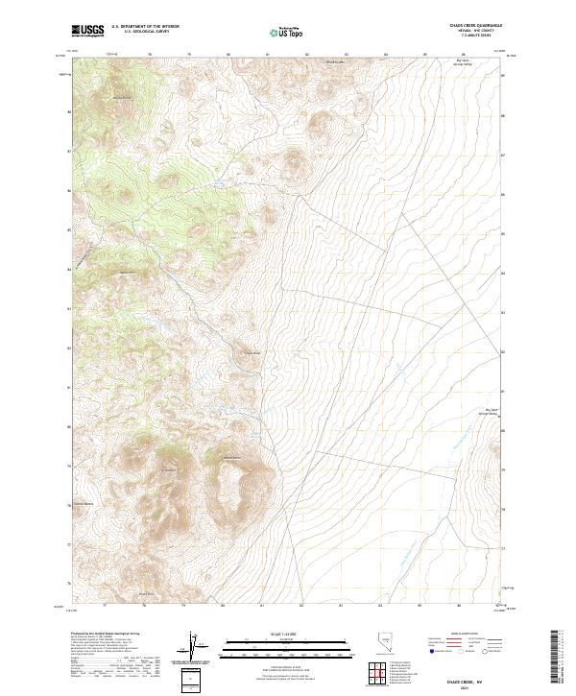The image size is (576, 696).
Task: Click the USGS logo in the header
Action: pos(87,31)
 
